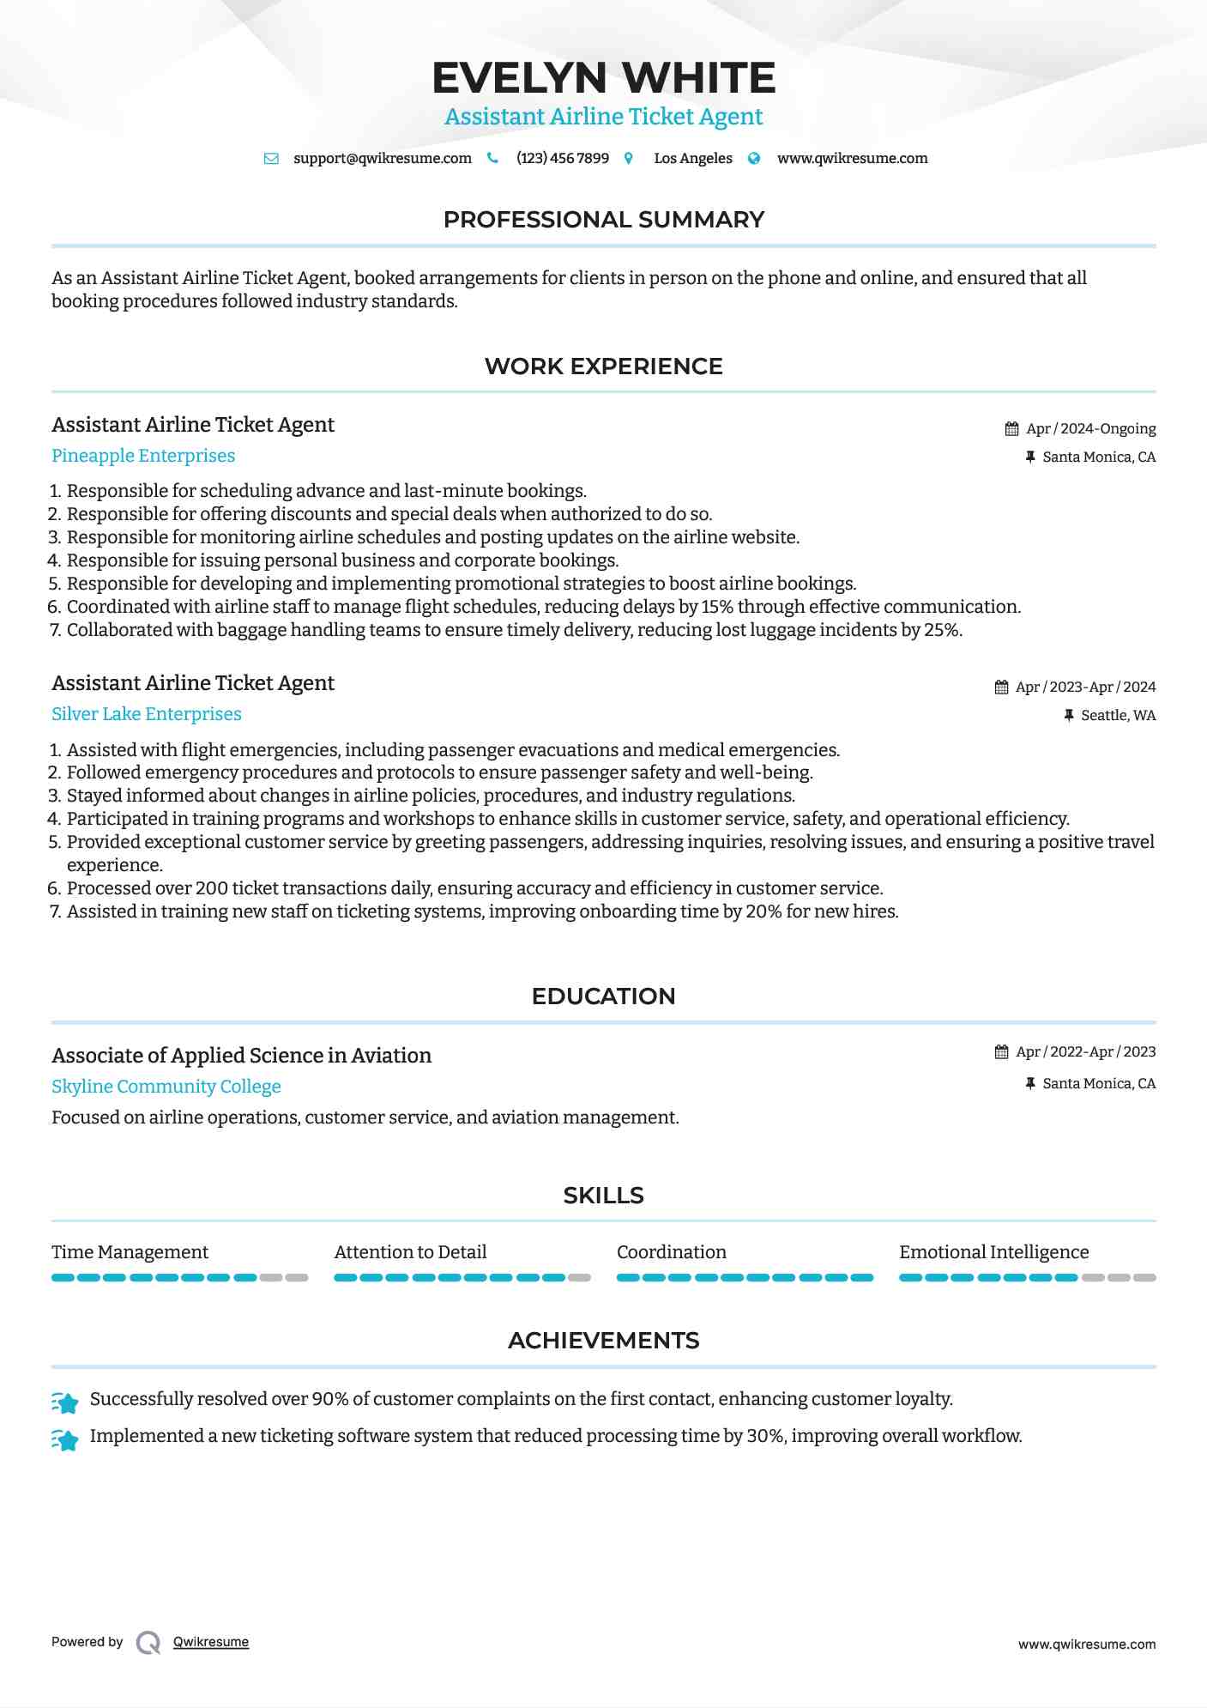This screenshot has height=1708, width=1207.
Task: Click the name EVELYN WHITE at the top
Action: point(603,78)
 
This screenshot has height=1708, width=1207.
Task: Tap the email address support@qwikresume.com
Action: point(382,159)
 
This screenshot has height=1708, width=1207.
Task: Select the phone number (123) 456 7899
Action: point(562,159)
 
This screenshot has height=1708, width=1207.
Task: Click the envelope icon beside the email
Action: point(271,159)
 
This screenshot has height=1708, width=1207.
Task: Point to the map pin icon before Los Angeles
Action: point(629,159)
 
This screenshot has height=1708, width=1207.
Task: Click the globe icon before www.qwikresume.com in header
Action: point(754,159)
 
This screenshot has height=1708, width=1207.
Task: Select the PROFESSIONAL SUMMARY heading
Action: point(603,220)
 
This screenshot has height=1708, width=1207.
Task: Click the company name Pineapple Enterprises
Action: point(143,456)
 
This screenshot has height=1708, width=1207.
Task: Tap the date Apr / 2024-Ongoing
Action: point(1090,429)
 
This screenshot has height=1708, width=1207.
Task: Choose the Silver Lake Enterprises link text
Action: point(147,714)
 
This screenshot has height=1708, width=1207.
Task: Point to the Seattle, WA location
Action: point(1118,716)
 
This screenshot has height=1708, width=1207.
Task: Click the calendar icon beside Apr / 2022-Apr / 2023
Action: point(1001,1052)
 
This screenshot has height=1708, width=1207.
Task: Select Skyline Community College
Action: point(166,1087)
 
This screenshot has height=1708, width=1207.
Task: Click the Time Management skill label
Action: point(130,1252)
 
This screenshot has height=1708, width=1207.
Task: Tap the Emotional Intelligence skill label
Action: point(993,1252)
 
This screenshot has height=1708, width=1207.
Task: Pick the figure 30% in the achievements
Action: point(764,1436)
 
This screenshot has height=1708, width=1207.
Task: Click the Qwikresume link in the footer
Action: point(211,1642)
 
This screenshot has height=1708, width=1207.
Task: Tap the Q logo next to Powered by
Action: point(148,1643)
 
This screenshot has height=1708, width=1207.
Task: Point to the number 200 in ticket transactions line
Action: point(211,888)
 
